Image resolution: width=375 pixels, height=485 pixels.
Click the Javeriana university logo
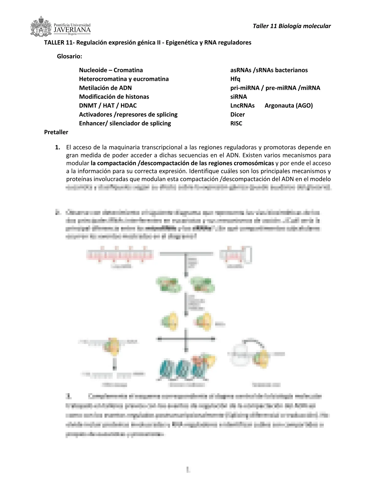tap(60, 27)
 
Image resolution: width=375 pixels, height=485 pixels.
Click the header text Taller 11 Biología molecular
tap(292, 26)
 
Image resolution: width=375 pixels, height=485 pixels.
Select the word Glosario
tap(70, 57)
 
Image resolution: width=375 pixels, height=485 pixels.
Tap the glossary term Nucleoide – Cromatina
tap(111, 70)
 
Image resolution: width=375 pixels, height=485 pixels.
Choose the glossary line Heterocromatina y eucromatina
tap(124, 79)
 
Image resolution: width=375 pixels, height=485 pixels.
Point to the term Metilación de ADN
tap(105, 88)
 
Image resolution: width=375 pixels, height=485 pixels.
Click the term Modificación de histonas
tap(114, 97)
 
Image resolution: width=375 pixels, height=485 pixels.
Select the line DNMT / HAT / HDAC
tap(108, 106)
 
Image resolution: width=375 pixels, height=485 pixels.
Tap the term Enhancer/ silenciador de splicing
tap(125, 123)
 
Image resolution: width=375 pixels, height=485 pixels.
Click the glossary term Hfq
tap(235, 79)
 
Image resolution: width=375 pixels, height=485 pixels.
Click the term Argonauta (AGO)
tap(289, 106)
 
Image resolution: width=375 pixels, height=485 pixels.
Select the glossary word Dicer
tap(237, 115)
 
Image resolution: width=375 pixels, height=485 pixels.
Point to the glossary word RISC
tap(236, 123)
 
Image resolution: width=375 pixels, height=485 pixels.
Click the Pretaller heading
tap(56, 132)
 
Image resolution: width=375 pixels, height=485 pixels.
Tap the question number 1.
tap(58, 147)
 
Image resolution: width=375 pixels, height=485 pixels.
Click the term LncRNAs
tap(242, 106)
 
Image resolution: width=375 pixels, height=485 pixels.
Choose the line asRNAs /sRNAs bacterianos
tap(269, 70)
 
